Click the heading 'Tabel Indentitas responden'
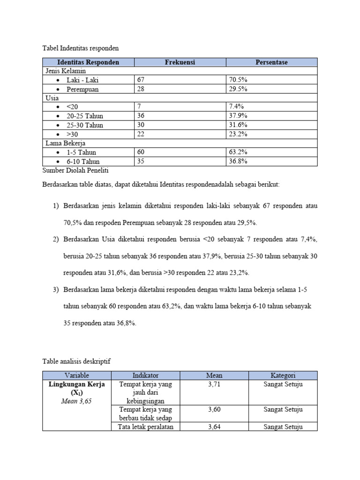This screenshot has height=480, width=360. point(81,48)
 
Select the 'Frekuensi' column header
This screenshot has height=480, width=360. point(180,62)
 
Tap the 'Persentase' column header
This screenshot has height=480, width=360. point(271,62)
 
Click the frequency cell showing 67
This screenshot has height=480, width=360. point(141,80)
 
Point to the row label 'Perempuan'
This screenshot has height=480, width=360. point(82,90)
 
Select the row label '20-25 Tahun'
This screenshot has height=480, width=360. point(85,116)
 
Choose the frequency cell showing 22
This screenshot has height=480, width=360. point(141,135)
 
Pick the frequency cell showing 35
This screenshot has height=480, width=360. point(141,161)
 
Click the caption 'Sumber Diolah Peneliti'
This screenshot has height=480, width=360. point(75,170)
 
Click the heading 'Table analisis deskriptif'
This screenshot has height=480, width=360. point(77,361)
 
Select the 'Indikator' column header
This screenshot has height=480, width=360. point(145,375)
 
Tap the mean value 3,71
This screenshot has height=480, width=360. point(214,385)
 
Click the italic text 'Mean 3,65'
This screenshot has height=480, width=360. point(75,401)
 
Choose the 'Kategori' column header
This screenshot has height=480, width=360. point(283,375)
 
